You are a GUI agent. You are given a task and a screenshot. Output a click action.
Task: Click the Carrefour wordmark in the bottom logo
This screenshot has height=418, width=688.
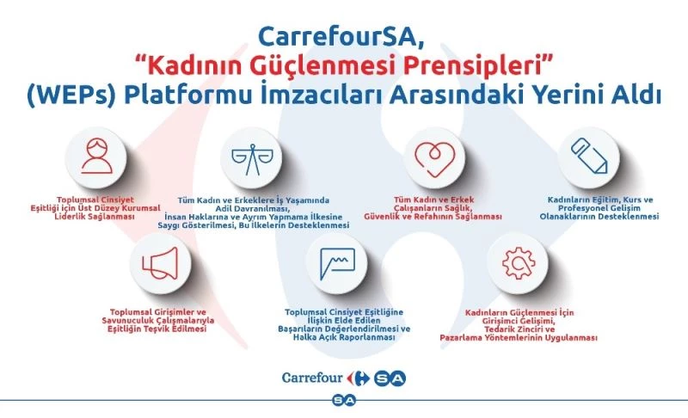click(x=313, y=377)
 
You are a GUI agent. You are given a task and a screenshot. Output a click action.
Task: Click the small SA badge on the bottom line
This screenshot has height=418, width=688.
click(x=345, y=401)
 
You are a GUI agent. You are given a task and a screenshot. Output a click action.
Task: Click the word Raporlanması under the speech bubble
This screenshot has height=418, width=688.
click(x=365, y=339)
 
